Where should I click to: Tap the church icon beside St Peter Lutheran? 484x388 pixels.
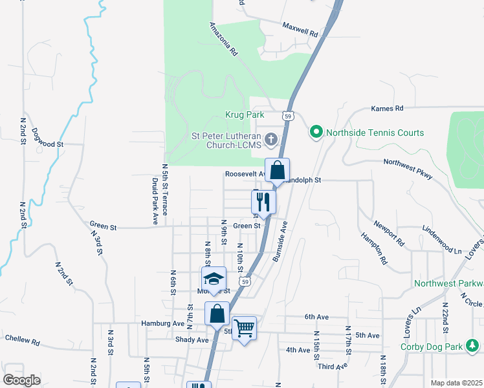point(272,139)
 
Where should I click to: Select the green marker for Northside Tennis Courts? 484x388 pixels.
point(316,133)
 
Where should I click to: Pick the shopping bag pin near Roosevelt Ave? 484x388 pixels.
point(277,172)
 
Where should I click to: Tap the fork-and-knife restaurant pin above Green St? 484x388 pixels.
point(264,201)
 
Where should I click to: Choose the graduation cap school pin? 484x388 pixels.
point(214,279)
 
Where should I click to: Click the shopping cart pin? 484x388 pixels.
point(244,329)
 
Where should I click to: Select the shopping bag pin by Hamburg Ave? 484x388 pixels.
point(217,314)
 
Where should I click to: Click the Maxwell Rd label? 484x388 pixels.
point(300,28)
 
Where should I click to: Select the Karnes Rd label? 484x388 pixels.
point(387,108)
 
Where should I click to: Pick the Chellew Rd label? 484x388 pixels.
point(23,338)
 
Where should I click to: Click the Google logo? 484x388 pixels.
point(21,380)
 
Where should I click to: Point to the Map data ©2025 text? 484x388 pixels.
point(456,383)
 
